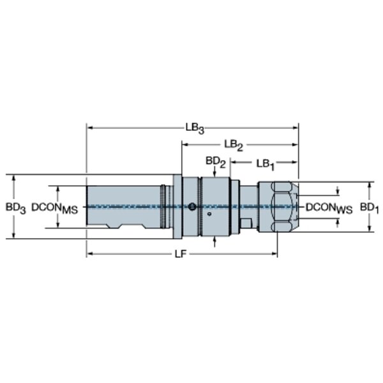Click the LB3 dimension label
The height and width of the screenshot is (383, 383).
[x=195, y=128]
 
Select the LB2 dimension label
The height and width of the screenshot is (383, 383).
[x=234, y=146]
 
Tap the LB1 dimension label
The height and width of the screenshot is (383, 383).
[x=266, y=163]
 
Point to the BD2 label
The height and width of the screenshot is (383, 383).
[x=215, y=163]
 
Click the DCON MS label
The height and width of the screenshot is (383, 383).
[x=54, y=207]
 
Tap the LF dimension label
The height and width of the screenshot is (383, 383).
[x=182, y=254]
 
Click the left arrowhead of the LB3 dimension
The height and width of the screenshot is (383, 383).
[x=89, y=128]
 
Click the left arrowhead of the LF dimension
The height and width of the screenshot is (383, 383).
[x=89, y=254]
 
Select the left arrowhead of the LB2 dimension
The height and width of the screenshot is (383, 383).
[x=184, y=146]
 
